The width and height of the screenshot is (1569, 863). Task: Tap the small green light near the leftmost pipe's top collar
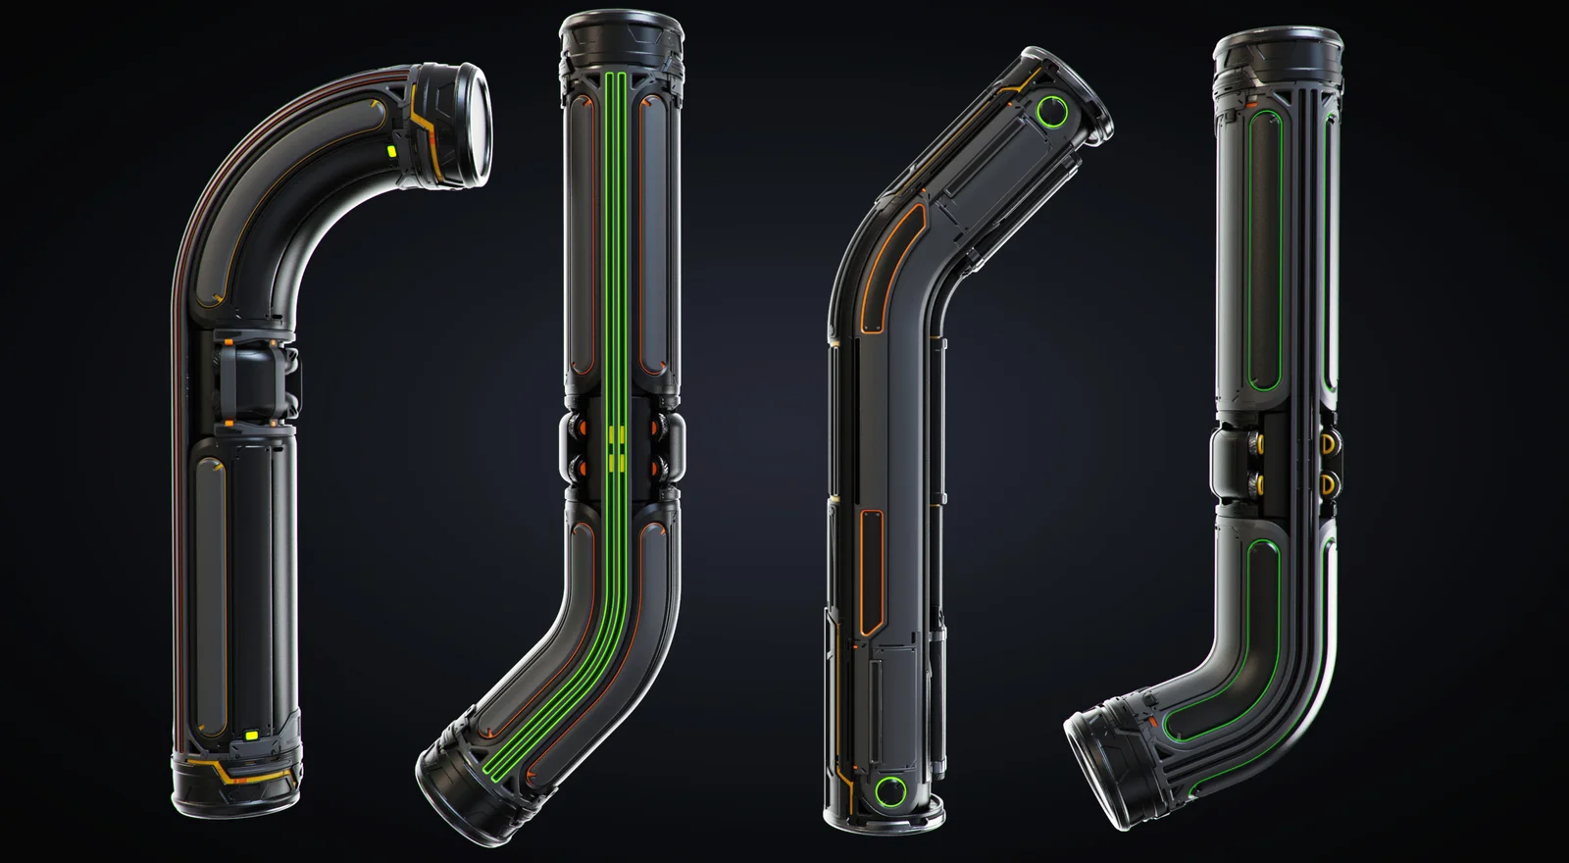390,152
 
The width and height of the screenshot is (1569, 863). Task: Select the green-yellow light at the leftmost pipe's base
250,734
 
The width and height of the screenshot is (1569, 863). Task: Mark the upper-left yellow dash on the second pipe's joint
612,431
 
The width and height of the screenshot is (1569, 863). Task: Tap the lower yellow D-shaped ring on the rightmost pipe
1327,482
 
